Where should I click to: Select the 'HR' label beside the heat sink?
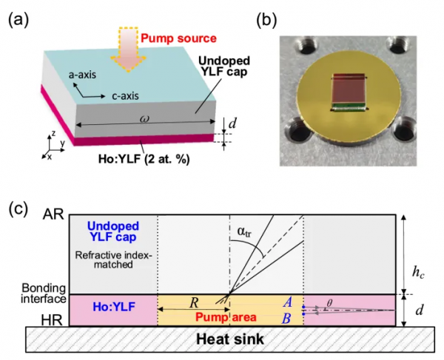click(x=53, y=320)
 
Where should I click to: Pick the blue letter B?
click(x=294, y=318)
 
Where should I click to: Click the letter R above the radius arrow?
click(x=194, y=302)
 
